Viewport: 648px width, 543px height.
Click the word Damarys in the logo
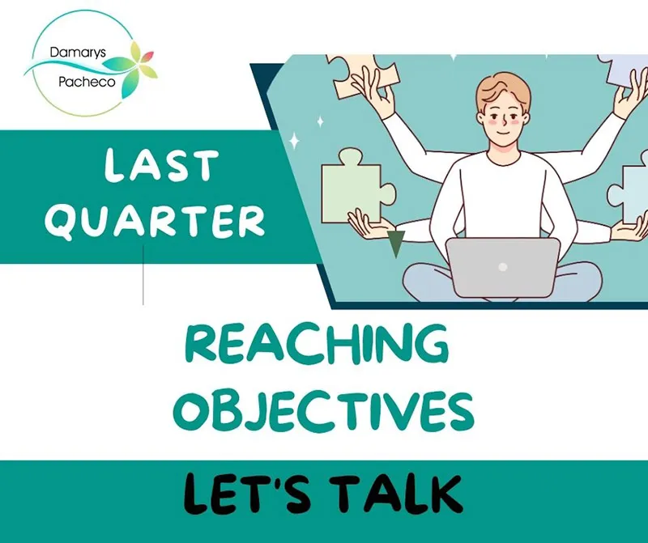pos(77,53)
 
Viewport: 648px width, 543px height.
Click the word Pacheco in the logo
pos(87,83)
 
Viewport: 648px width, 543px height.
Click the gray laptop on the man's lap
pos(502,267)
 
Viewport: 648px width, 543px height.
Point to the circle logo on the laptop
pos(502,267)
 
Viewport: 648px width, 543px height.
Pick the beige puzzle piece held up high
pos(364,74)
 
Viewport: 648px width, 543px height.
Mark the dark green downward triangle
pos(395,244)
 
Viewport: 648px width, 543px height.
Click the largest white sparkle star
pos(294,141)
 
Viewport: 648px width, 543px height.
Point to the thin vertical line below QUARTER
pos(143,274)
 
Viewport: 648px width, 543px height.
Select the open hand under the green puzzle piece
pos(371,224)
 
